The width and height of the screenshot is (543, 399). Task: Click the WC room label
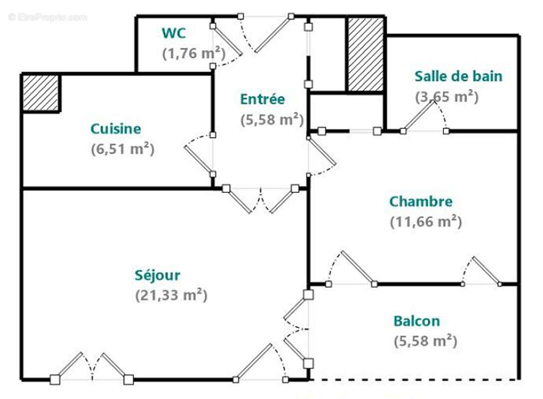pyautogui.click(x=174, y=33)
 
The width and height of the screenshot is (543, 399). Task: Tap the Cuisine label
pyautogui.click(x=115, y=129)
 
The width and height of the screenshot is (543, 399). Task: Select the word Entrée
pyautogui.click(x=263, y=99)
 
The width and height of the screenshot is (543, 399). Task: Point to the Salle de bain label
pyautogui.click(x=458, y=76)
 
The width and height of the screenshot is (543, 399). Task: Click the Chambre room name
pyautogui.click(x=421, y=201)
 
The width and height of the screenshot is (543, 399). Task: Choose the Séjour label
pyautogui.click(x=157, y=275)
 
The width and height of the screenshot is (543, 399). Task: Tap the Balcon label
pyautogui.click(x=417, y=321)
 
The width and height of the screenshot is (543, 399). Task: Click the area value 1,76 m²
pyautogui.click(x=194, y=53)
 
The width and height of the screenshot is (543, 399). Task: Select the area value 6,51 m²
pyautogui.click(x=122, y=149)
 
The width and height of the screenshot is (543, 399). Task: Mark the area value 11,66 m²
pyautogui.click(x=426, y=221)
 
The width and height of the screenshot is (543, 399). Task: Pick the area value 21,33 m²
pyautogui.click(x=171, y=295)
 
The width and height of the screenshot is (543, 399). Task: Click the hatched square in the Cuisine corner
pyautogui.click(x=41, y=93)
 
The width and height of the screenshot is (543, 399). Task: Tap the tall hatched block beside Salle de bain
pyautogui.click(x=365, y=55)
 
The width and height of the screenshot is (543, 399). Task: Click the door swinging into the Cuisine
pyautogui.click(x=199, y=159)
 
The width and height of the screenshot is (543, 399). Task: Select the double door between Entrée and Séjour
pyautogui.click(x=261, y=200)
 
